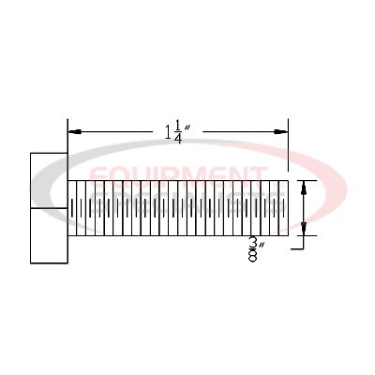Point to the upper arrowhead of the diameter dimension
[x=302, y=187]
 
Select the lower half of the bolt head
[x=49, y=235]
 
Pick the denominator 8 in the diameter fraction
[x=252, y=257]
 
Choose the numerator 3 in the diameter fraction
[x=252, y=243]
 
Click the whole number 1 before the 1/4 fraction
[x=168, y=131]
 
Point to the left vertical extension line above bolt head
[x=67, y=136]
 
